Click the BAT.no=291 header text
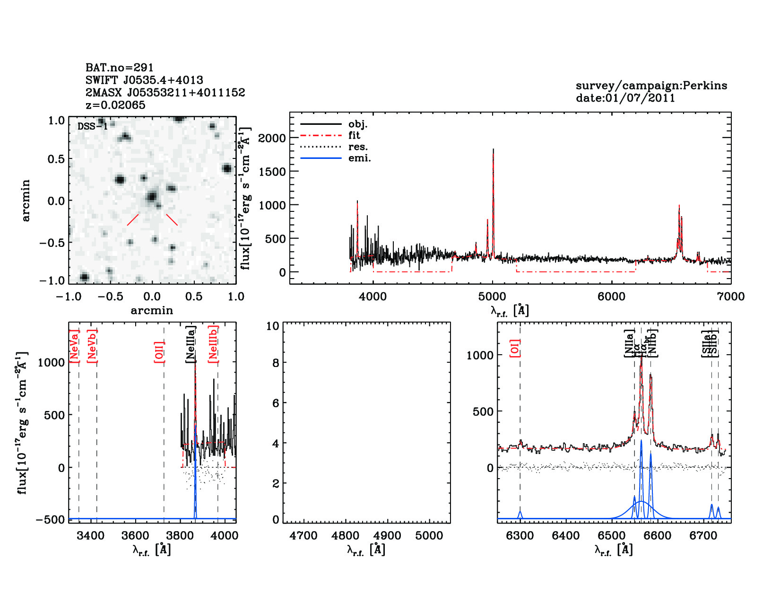119,68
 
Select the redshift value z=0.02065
115,105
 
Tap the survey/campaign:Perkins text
651,86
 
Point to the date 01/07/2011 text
625,98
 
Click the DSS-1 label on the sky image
93,126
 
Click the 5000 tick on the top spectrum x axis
492,297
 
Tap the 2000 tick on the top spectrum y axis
272,138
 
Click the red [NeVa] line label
74,347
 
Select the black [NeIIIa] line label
191,344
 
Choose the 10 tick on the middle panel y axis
273,326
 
